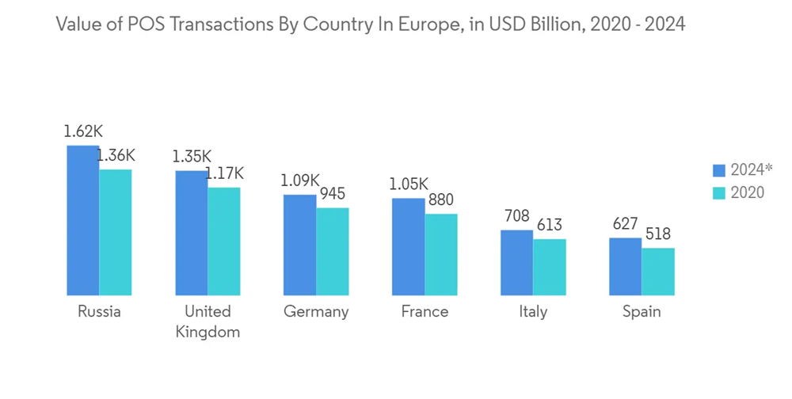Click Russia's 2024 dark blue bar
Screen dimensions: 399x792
82,220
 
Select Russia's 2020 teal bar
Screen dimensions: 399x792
115,232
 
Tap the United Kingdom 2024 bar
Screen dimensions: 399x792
191,233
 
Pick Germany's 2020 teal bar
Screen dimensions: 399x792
333,251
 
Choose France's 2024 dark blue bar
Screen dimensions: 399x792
408,246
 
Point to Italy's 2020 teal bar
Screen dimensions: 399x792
549,267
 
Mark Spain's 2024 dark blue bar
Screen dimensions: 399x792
625,266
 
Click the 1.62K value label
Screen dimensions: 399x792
83,132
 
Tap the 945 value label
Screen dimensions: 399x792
332,194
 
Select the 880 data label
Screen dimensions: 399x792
440,200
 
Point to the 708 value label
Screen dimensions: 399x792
516,216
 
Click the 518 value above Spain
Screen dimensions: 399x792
657,234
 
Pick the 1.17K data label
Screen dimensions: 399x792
225,173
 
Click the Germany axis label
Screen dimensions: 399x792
316,312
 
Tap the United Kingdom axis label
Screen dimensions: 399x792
208,321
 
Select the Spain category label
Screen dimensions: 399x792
641,312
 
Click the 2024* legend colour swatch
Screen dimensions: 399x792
719,169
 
